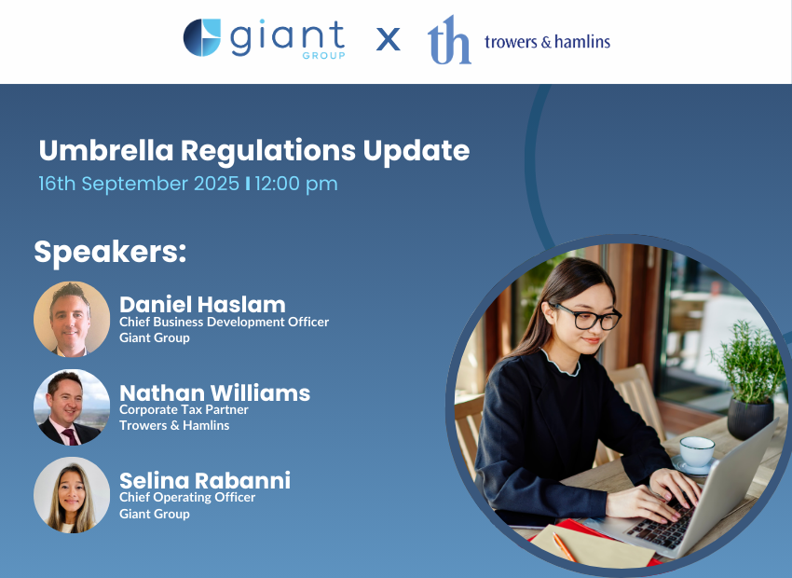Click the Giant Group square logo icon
(x=202, y=37)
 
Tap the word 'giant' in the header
(x=287, y=37)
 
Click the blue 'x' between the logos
(x=388, y=39)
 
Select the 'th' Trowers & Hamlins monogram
(x=449, y=40)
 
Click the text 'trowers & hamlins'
(x=548, y=41)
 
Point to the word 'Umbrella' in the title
(x=106, y=150)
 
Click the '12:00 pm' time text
(x=296, y=184)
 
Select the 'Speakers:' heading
(x=110, y=252)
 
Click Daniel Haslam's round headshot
(x=72, y=320)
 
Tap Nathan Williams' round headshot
(x=72, y=407)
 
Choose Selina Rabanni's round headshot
(x=72, y=495)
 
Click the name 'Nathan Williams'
(x=214, y=392)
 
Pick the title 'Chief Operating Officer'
(x=187, y=497)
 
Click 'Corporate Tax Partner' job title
(x=184, y=409)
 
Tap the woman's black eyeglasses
(x=587, y=317)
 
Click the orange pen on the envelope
(x=565, y=547)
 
